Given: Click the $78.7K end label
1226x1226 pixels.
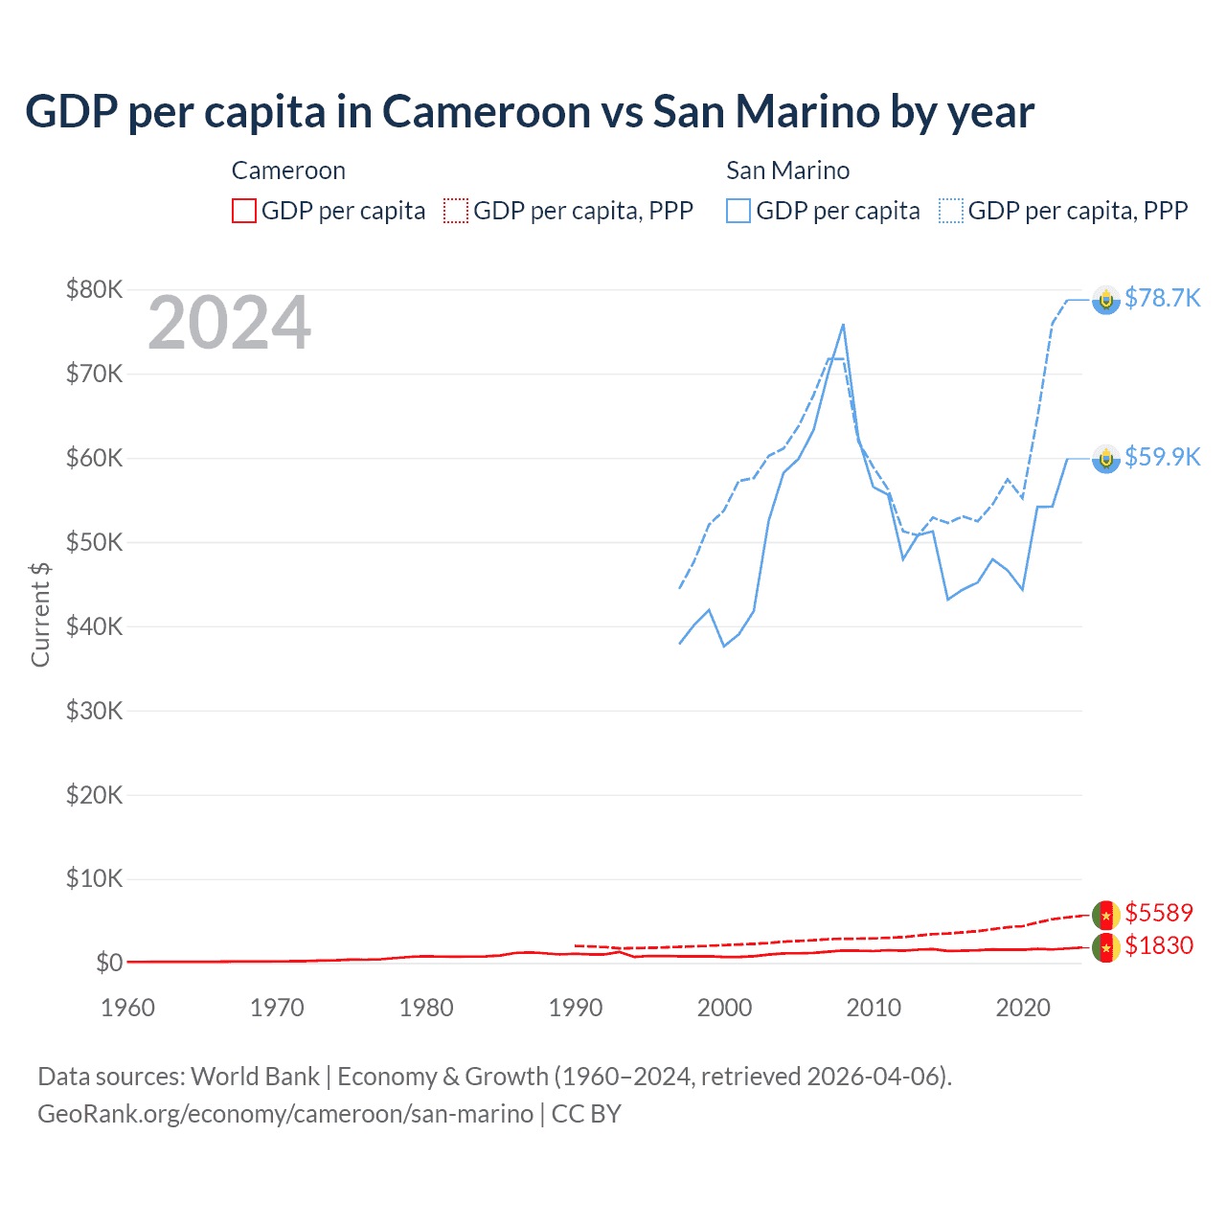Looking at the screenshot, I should point(1162,298).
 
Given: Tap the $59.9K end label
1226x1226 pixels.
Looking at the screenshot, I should point(1162,457).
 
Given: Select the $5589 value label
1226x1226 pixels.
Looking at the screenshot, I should point(1159,913).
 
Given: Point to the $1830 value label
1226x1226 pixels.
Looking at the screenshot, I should point(1159,945).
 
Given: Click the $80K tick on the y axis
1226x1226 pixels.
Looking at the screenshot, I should point(94,289).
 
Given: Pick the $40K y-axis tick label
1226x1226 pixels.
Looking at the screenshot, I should point(94,626).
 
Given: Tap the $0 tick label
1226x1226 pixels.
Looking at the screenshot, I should point(108,963).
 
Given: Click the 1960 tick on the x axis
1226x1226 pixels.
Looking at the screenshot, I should point(127,1008).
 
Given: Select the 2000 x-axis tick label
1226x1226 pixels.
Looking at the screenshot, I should point(724,1008).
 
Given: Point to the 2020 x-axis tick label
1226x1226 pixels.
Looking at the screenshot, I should point(1023,1008).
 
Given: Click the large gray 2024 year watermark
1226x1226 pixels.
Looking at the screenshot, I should point(229,324).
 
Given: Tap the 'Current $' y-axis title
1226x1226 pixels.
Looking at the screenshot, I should point(40,614).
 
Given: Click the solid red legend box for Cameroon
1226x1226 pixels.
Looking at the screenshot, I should point(244,211).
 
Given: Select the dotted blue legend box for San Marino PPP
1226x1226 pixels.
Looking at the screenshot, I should point(951,211).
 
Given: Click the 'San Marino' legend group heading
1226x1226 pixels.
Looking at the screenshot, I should point(787,170).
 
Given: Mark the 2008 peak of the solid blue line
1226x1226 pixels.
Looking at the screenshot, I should point(843,325).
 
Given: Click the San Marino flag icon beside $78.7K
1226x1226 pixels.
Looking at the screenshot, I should point(1106,300).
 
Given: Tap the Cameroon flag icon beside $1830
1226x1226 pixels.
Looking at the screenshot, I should point(1106,948).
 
